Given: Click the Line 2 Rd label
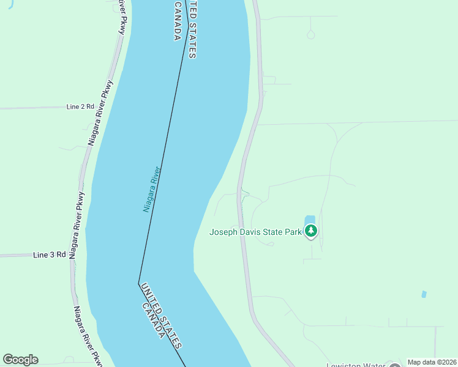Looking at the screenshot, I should tap(80, 106).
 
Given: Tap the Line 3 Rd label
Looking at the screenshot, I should tap(49, 254).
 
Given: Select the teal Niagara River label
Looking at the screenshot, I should tap(152, 189).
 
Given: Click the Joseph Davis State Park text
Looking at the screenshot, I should tap(255, 232).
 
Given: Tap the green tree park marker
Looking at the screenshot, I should tap(312, 231).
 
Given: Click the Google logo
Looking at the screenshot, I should tap(20, 360).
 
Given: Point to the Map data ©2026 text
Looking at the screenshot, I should tap(432, 362).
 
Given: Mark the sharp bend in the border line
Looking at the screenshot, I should tap(139, 283).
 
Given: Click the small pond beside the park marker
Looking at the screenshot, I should tap(309, 219).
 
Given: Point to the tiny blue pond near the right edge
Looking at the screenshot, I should tap(424, 294).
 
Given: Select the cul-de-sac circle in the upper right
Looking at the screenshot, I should tap(310, 35).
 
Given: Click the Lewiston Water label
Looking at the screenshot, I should tap(355, 365).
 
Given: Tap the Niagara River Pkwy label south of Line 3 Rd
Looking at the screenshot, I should tap(86, 335).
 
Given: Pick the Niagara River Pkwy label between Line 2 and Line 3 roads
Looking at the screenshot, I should tap(77, 225).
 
